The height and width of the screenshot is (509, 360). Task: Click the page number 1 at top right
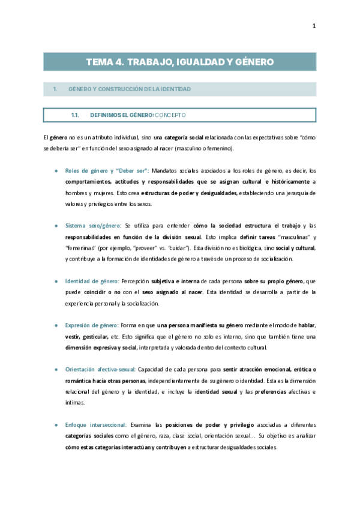click(313, 25)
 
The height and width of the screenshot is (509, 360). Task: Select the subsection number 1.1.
click(76, 114)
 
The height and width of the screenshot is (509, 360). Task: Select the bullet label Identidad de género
click(92, 281)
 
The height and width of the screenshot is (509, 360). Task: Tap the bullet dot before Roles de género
click(56, 171)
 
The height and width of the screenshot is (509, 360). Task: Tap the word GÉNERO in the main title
click(254, 62)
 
